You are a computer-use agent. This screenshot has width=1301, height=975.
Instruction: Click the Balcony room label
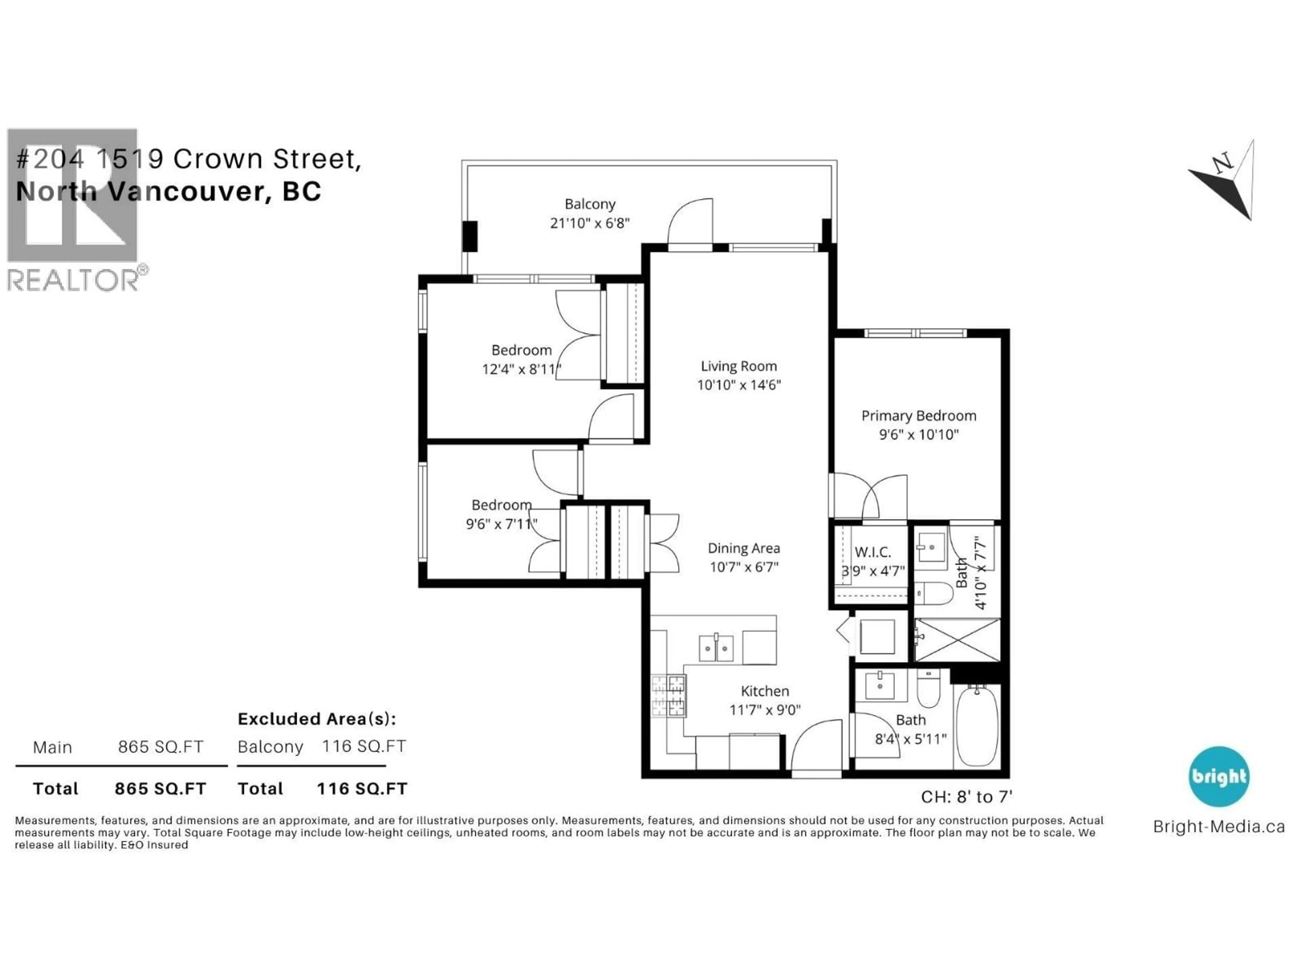click(x=590, y=204)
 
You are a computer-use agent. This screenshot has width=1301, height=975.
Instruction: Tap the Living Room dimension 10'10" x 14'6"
click(x=739, y=385)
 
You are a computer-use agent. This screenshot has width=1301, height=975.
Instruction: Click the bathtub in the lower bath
click(x=976, y=727)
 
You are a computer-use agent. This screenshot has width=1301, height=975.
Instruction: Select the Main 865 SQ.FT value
click(x=161, y=747)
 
